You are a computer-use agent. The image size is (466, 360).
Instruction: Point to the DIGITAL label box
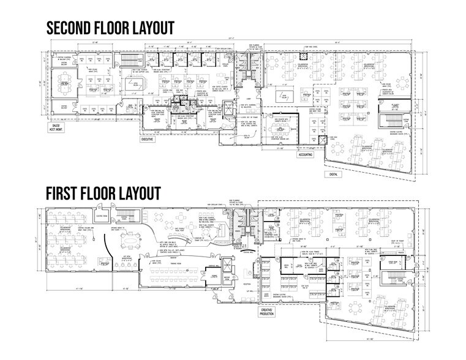[x=334, y=173]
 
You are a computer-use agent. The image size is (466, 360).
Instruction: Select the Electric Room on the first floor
[x=101, y=216]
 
